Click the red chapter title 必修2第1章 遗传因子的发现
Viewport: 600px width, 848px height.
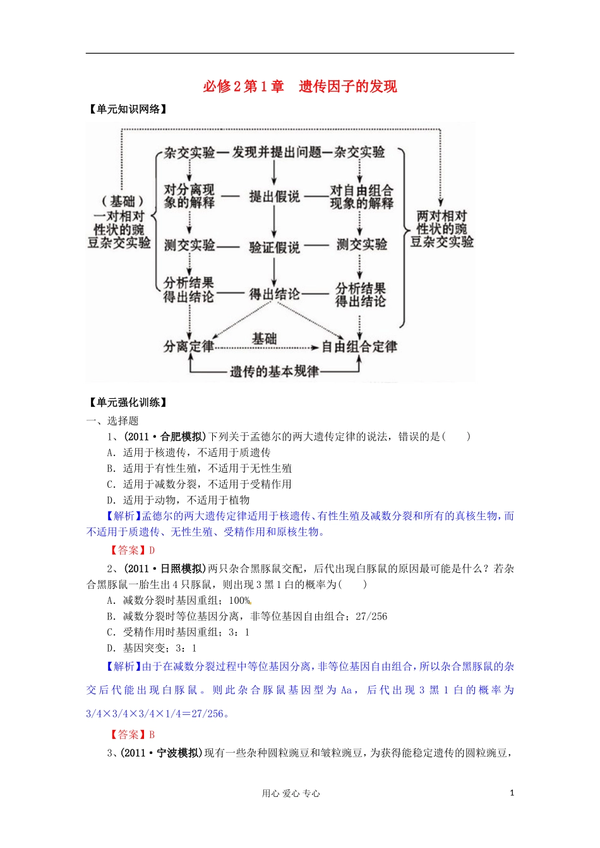pyautogui.click(x=300, y=86)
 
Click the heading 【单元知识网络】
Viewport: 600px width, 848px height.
pyautogui.click(x=128, y=109)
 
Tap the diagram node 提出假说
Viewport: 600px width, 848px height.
pyautogui.click(x=274, y=196)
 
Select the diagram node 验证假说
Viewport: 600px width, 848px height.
pyautogui.click(x=274, y=247)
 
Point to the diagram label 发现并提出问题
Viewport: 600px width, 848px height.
pyautogui.click(x=273, y=152)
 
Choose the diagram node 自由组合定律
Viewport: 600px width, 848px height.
pyautogui.click(x=359, y=346)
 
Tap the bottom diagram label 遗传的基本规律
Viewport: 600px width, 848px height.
pyautogui.click(x=274, y=371)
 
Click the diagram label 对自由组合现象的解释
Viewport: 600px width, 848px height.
pyautogui.click(x=361, y=196)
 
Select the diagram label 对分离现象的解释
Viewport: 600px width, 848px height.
pyautogui.click(x=189, y=196)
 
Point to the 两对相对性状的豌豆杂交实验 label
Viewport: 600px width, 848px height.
pyautogui.click(x=441, y=228)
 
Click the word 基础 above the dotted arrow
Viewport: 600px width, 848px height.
pyautogui.click(x=264, y=339)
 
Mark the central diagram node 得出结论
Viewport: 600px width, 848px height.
pyautogui.click(x=274, y=294)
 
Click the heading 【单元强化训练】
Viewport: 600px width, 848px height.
pyautogui.click(x=128, y=403)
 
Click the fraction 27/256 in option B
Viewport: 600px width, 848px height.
pyautogui.click(x=371, y=616)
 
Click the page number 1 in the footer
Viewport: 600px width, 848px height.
pyautogui.click(x=512, y=793)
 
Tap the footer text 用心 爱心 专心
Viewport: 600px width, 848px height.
pyautogui.click(x=291, y=794)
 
